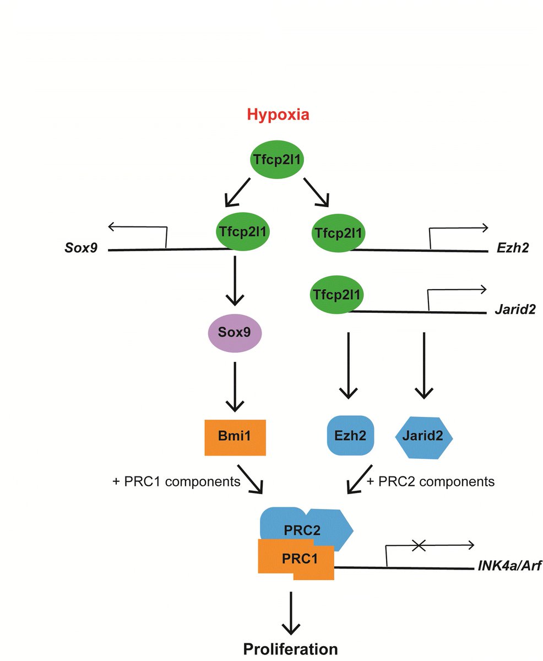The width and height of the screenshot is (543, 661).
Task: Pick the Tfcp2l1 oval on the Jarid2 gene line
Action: pyautogui.click(x=336, y=294)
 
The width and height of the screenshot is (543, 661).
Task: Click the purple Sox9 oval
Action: pyautogui.click(x=235, y=333)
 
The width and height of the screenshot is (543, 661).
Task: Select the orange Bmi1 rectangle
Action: pyautogui.click(x=235, y=437)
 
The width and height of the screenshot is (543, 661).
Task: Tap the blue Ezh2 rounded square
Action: pyautogui.click(x=350, y=435)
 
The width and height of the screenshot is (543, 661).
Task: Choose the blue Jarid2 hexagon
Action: pyautogui.click(x=424, y=435)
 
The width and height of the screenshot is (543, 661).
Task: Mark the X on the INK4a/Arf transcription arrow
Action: pyautogui.click(x=419, y=545)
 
